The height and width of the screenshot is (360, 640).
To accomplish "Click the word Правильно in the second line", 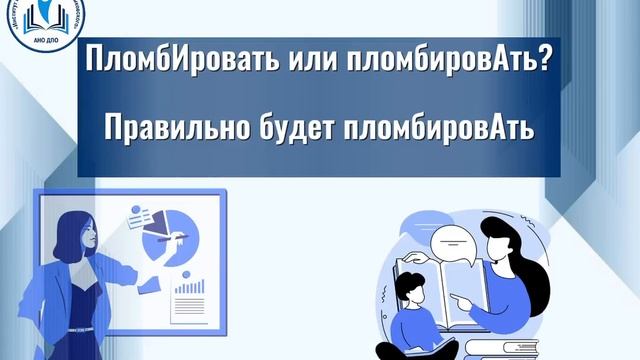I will [175, 129].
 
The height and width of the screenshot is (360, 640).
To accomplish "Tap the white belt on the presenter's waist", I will [82, 329].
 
